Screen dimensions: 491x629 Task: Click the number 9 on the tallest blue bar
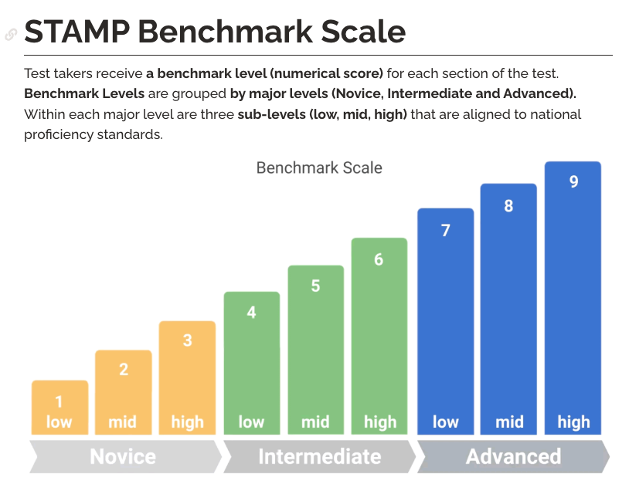(x=573, y=182)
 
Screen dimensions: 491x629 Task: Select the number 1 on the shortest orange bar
(x=59, y=402)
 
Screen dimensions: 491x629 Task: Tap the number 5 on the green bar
(x=315, y=286)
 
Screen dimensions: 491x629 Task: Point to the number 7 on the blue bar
(x=446, y=230)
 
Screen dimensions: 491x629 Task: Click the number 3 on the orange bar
(x=187, y=340)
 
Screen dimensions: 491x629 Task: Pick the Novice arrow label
(x=123, y=456)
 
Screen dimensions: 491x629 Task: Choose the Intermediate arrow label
(x=319, y=456)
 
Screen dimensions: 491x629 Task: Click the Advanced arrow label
(x=513, y=456)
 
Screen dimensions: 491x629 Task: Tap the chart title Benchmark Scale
(x=319, y=168)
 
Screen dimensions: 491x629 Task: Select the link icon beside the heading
(x=11, y=34)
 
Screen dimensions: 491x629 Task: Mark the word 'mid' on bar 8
(x=509, y=422)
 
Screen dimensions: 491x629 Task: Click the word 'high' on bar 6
(x=379, y=422)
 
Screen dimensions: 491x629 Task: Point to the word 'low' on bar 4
(x=251, y=422)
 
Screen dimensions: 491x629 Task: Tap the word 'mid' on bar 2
(x=123, y=422)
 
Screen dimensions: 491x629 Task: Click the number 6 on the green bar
(x=379, y=259)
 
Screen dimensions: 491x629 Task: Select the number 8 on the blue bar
(x=508, y=206)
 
